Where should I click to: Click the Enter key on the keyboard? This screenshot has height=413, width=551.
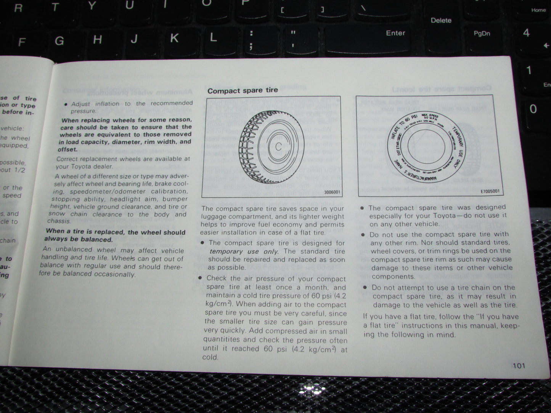pyautogui.click(x=395, y=33)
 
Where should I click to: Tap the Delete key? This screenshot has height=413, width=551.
pyautogui.click(x=441, y=21)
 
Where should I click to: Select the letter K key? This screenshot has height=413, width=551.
pyautogui.click(x=174, y=38)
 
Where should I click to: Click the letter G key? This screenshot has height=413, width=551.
pyautogui.click(x=59, y=41)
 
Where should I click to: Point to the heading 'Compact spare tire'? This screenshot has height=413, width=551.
pyautogui.click(x=243, y=91)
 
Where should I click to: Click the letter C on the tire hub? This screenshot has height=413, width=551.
pyautogui.click(x=278, y=146)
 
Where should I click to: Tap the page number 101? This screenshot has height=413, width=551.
pyautogui.click(x=519, y=366)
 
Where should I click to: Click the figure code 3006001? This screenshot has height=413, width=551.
pyautogui.click(x=331, y=192)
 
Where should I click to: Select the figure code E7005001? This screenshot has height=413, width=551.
pyautogui.click(x=490, y=191)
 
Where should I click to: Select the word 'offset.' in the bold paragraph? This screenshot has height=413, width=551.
pyautogui.click(x=67, y=149)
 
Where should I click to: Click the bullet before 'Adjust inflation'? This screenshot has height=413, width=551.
pyautogui.click(x=66, y=104)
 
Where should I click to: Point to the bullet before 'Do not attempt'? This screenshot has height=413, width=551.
pyautogui.click(x=365, y=288)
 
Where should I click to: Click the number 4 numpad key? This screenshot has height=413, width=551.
pyautogui.click(x=526, y=33)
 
